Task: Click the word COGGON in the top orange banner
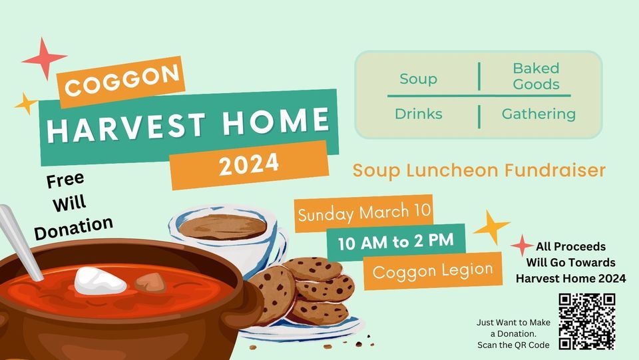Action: click(x=122, y=81)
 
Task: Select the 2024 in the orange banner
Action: click(x=249, y=164)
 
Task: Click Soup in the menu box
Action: click(x=418, y=79)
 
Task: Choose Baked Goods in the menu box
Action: click(x=536, y=76)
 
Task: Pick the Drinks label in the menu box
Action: click(x=419, y=114)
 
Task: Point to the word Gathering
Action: click(x=538, y=114)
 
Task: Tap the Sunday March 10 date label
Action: click(x=364, y=213)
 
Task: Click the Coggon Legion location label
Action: click(x=433, y=271)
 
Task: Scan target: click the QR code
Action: click(x=586, y=321)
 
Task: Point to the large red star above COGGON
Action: click(x=45, y=59)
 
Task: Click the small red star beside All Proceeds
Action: click(x=522, y=246)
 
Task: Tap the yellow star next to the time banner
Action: click(x=491, y=227)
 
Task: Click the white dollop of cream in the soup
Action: click(x=100, y=281)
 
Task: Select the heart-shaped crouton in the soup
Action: click(x=150, y=282)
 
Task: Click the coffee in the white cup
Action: click(x=222, y=227)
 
